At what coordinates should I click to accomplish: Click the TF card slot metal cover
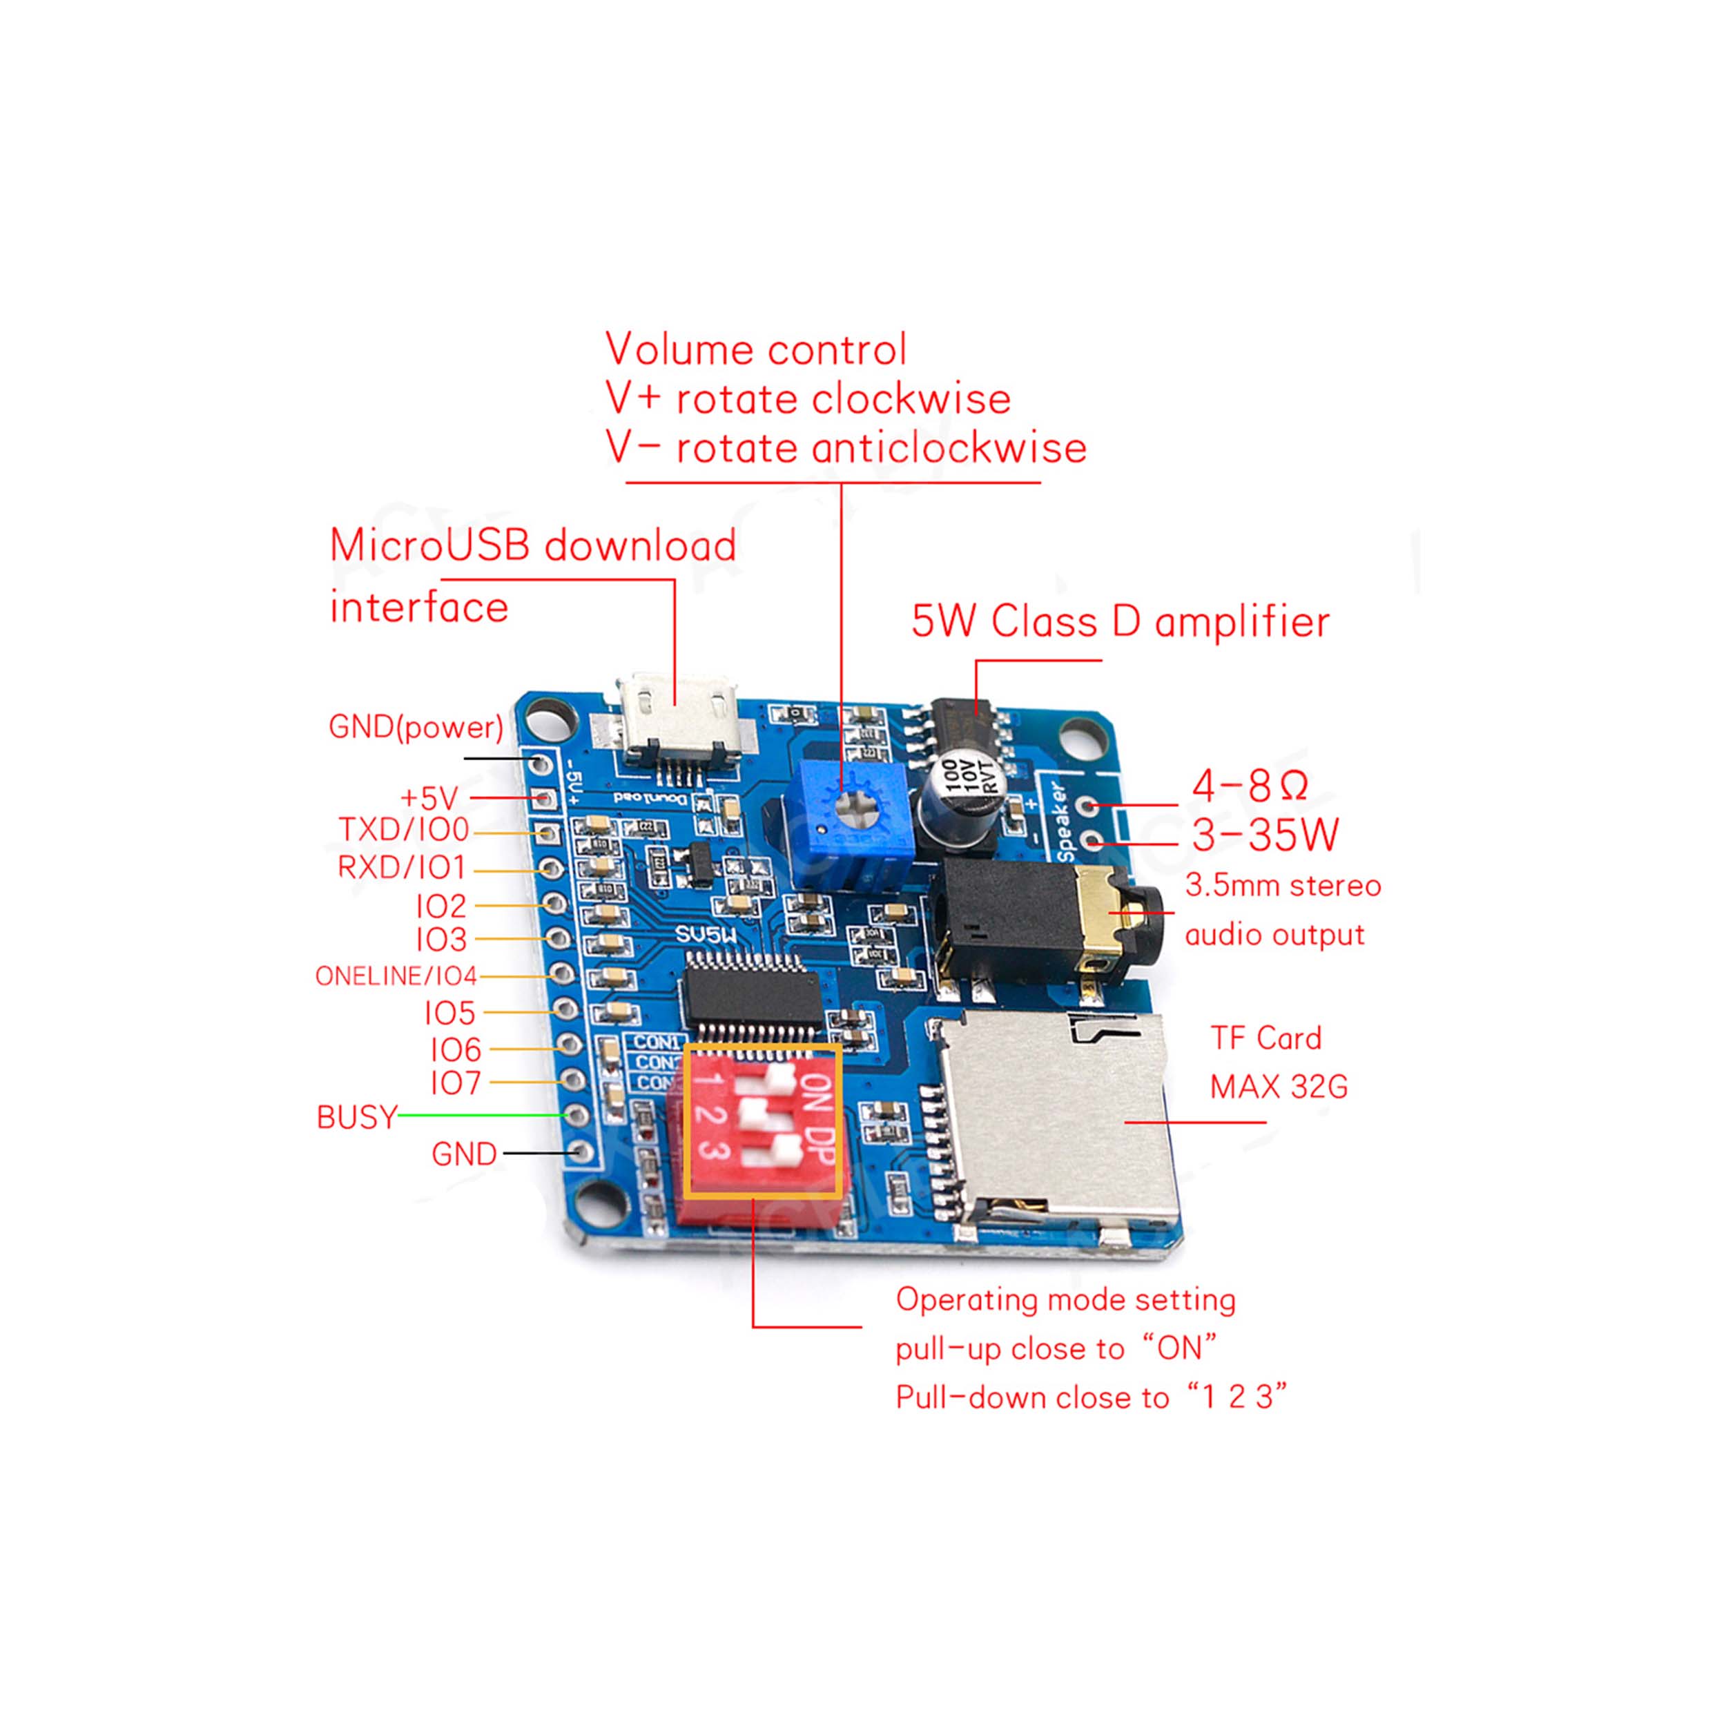[1054, 1116]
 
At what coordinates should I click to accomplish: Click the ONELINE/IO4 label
[396, 976]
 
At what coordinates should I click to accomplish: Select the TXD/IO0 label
[404, 830]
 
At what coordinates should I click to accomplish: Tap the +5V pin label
[429, 797]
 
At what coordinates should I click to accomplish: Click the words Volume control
[756, 349]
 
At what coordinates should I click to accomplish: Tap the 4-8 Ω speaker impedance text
[1250, 785]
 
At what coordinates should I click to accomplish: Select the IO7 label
[456, 1083]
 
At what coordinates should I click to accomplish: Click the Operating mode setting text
[1065, 1300]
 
